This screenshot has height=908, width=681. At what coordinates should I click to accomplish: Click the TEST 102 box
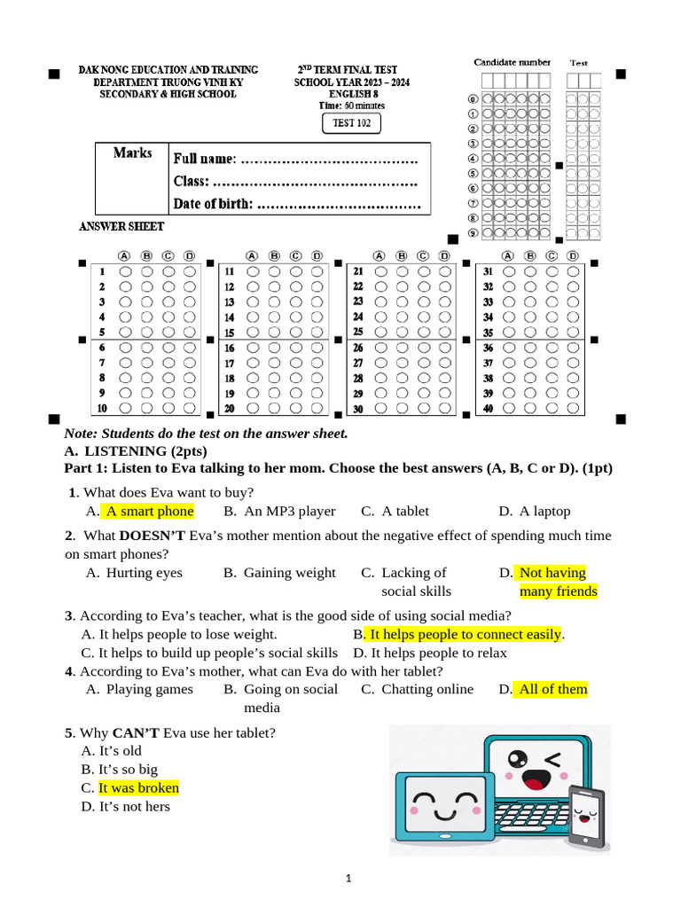click(351, 123)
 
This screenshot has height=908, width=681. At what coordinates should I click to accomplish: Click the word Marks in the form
click(132, 153)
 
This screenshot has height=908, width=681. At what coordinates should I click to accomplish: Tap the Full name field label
click(205, 159)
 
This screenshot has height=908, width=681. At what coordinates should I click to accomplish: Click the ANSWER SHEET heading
click(121, 227)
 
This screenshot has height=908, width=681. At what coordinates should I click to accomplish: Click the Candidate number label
click(512, 62)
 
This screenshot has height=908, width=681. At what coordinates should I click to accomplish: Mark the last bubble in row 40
click(574, 408)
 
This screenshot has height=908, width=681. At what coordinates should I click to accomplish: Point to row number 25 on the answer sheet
click(358, 332)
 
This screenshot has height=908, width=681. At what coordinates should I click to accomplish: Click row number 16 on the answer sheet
click(229, 348)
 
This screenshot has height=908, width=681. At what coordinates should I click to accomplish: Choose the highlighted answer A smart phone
click(149, 511)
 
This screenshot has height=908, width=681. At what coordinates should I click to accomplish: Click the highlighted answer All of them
click(553, 689)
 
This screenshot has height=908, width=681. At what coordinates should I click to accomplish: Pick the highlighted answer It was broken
click(138, 787)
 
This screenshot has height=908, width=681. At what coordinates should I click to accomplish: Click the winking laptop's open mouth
click(534, 779)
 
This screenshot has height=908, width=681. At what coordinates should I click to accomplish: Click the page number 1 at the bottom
click(348, 879)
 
